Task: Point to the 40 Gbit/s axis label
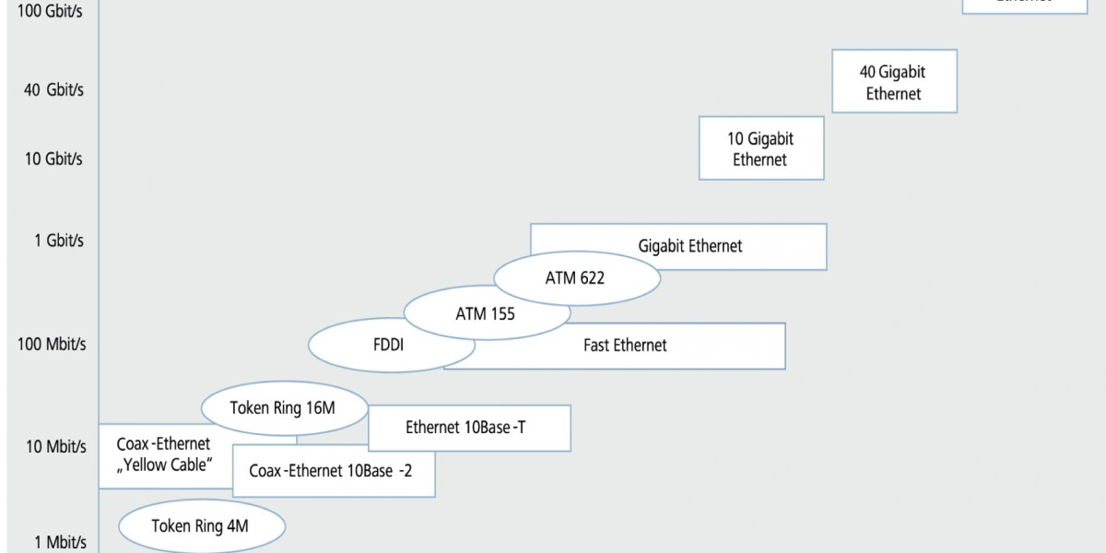(x=54, y=89)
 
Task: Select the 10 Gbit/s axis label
(x=53, y=159)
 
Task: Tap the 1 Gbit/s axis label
(x=59, y=240)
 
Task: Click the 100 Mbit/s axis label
(x=52, y=344)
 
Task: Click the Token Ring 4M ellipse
(x=201, y=526)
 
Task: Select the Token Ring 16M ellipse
(x=283, y=407)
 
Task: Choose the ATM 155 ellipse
(x=485, y=313)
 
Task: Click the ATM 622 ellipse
(x=575, y=276)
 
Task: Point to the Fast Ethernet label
(x=625, y=346)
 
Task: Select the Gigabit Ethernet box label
(x=690, y=246)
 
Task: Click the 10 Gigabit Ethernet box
(x=760, y=148)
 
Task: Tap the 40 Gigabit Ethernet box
(x=893, y=82)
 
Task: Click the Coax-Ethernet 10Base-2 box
(x=332, y=470)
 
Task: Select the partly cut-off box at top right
(x=1024, y=6)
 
